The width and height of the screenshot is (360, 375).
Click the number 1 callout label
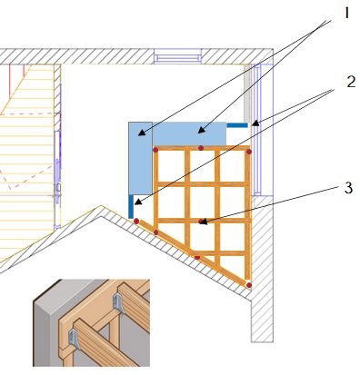(346, 14)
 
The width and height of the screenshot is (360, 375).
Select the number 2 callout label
(351, 82)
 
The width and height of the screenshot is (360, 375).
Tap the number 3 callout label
(348, 188)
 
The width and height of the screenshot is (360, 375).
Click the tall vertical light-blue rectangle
(140, 158)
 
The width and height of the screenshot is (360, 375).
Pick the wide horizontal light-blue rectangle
(189, 133)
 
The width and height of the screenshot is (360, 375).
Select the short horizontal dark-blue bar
(237, 125)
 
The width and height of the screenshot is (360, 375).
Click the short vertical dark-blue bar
(131, 206)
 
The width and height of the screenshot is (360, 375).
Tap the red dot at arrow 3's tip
(200, 222)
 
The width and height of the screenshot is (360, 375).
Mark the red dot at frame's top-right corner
(249, 152)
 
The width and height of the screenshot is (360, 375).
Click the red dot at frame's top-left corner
(155, 150)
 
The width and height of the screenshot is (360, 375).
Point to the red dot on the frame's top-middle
(201, 148)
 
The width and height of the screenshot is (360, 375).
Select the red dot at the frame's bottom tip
(249, 285)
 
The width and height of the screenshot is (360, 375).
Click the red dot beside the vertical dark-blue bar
(136, 222)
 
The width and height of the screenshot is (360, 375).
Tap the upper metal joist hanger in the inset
(119, 303)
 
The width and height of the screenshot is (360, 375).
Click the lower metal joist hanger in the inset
(75, 339)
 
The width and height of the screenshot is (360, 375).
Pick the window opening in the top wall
(177, 56)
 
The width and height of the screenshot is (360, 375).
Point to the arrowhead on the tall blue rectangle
(142, 133)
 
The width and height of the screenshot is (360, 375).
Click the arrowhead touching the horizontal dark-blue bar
(255, 123)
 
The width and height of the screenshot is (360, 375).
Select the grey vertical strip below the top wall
(247, 93)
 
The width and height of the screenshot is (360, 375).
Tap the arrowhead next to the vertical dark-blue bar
(138, 202)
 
